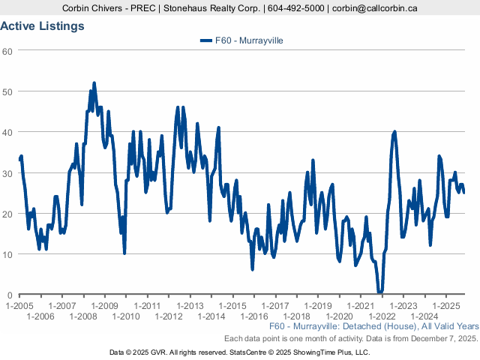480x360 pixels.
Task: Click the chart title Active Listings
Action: pos(42,26)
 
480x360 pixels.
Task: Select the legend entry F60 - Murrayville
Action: pos(241,40)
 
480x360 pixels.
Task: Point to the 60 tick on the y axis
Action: pos(7,51)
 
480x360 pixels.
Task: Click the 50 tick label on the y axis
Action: pos(7,91)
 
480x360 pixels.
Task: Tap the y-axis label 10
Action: pos(7,254)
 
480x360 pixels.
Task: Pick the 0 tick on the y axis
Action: pos(10,295)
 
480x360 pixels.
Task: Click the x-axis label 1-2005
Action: pos(19,306)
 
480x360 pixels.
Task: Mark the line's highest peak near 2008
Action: pos(94,83)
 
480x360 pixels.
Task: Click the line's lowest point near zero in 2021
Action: pos(380,292)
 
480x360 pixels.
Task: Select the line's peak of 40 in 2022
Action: pos(395,132)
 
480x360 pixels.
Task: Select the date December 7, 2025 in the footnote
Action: pos(442,338)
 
